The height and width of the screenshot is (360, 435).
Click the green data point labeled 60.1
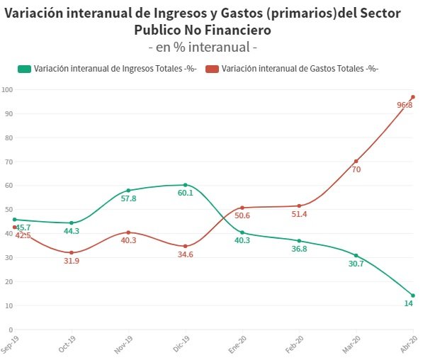pos(185,185)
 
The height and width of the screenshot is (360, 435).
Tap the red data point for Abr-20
pos(413,97)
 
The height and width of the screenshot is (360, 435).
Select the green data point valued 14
pos(413,296)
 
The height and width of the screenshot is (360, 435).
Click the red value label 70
pos(356,170)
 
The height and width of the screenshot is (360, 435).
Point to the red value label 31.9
pos(71,261)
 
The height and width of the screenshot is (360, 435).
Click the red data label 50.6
pos(242,215)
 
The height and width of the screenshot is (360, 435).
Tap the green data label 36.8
pos(299,249)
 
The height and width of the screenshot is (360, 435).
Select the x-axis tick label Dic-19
pos(183,344)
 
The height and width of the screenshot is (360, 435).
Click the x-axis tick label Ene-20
pos(239,344)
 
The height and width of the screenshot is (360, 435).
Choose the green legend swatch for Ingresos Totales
pos(24,69)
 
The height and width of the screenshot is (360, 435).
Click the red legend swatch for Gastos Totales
pos(212,69)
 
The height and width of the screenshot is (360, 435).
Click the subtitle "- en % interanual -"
pos(202,47)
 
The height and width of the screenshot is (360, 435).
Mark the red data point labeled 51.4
pos(299,206)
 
